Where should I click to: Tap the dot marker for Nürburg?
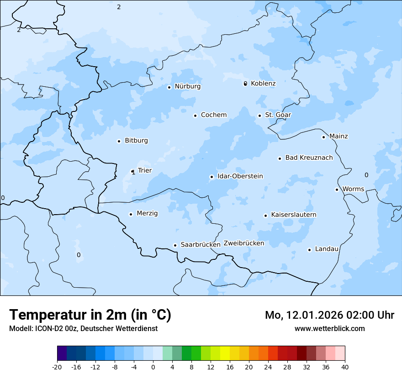click(169, 87)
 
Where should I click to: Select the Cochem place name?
click(213, 115)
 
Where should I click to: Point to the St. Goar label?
click(278, 115)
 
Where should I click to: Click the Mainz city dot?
click(323, 137)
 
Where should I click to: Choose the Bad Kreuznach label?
click(309, 158)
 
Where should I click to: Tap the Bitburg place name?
click(136, 141)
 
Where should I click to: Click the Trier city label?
click(144, 171)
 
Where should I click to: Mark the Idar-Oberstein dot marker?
click(212, 177)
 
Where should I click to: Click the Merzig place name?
click(147, 214)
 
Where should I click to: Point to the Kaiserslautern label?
click(293, 215)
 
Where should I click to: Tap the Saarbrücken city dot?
click(175, 245)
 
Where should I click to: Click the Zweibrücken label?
click(243, 243)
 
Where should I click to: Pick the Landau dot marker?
click(309, 250)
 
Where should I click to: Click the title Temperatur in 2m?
click(90, 315)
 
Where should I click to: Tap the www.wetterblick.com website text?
click(329, 329)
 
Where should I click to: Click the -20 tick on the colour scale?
click(57, 367)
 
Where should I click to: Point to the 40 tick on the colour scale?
click(345, 367)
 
